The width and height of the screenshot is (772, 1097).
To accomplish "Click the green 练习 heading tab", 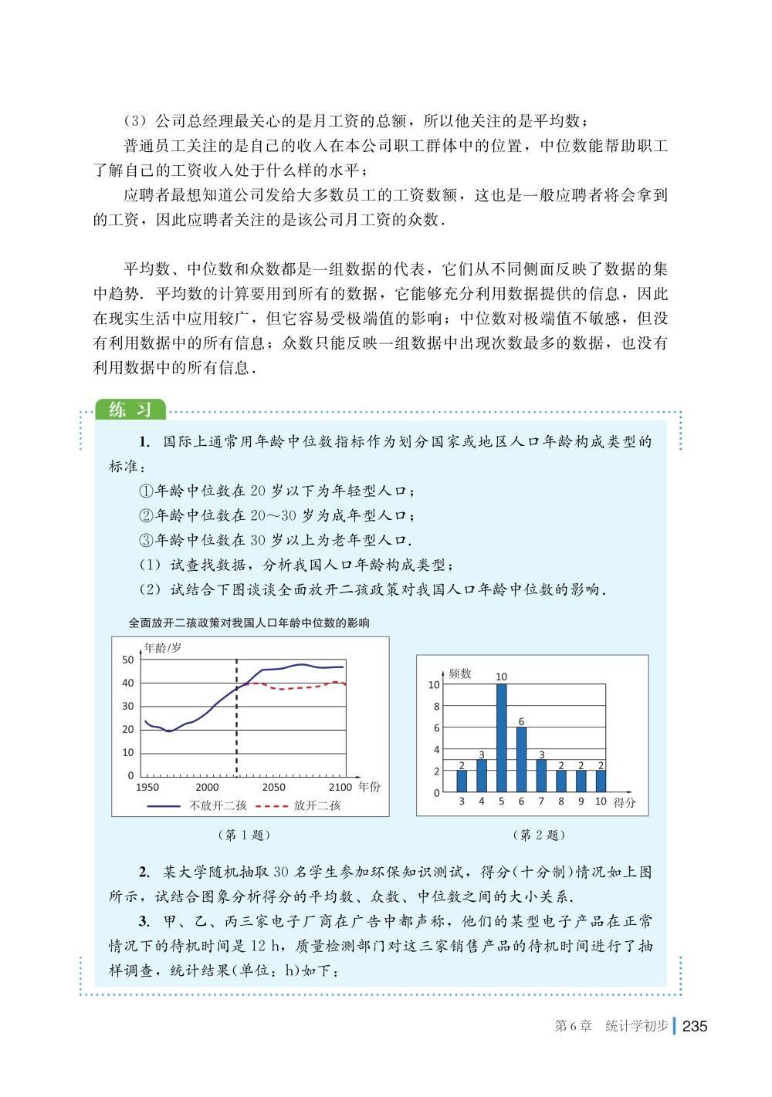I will [x=130, y=409].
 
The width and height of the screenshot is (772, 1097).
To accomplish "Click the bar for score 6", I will [x=521, y=760].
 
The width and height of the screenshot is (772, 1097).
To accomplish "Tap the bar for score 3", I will [x=462, y=781].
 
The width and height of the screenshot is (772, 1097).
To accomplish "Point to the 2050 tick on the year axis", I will [x=273, y=788].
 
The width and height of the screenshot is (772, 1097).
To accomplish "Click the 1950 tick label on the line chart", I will [x=147, y=788].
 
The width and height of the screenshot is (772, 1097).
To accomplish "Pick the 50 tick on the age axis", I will [x=128, y=660].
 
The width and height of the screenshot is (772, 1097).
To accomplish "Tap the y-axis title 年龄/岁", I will [x=163, y=648].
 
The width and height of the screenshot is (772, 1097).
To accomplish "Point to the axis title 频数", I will [x=460, y=673].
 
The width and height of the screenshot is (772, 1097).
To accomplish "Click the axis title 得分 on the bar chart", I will [x=625, y=802].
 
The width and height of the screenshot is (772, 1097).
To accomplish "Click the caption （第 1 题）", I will [x=245, y=835].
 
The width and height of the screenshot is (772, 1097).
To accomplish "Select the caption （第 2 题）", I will [x=539, y=835].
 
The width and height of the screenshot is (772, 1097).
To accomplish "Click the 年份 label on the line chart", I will [x=369, y=788].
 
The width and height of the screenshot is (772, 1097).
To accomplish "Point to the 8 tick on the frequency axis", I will [x=436, y=707].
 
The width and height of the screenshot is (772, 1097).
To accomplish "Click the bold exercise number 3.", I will [x=144, y=921].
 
